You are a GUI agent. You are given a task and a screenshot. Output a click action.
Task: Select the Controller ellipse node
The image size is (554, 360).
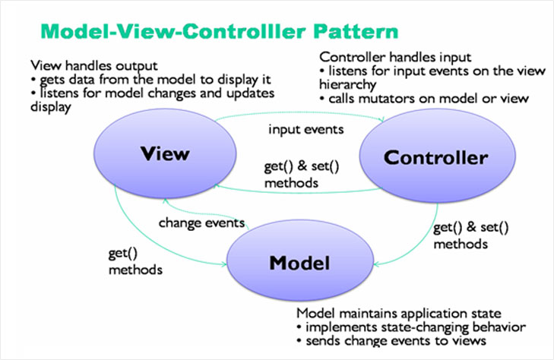435,158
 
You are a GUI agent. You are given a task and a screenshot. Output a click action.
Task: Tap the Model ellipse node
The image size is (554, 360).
299,263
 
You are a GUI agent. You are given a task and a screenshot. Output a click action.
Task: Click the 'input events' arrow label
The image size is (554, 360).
305,129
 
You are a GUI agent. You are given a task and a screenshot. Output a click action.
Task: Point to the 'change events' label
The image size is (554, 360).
201,223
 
